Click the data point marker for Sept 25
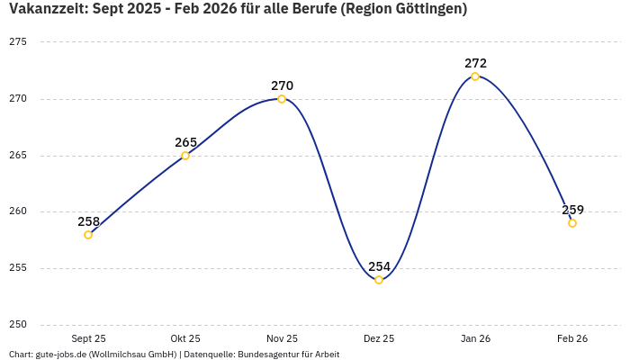88,235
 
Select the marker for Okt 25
185,156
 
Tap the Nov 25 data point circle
282,99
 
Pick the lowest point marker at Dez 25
379,280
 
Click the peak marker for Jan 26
475,76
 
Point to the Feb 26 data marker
572,223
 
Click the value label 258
88,221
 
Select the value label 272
475,63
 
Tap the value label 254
379,266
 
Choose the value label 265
185,142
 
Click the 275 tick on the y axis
18,42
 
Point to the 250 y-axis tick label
18,325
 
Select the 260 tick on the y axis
18,211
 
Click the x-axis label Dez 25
379,338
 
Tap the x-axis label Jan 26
475,338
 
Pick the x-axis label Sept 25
88,338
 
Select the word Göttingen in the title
425,10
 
